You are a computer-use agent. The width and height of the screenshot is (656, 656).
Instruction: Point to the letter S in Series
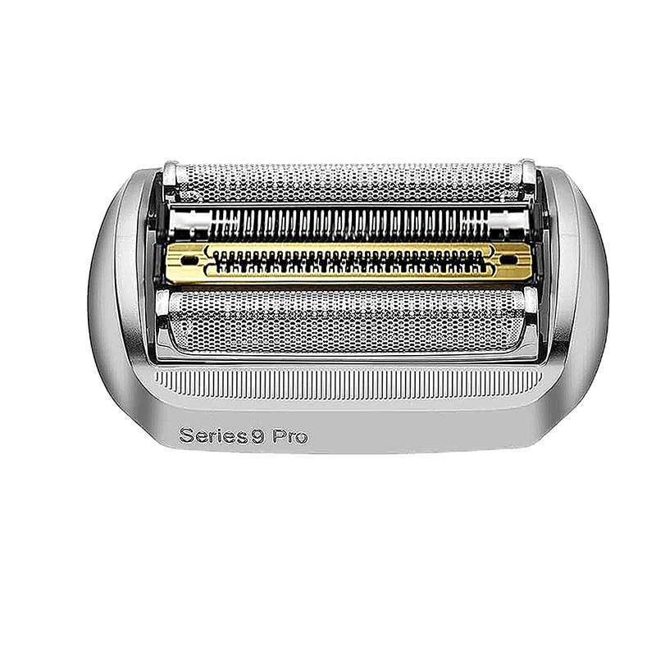[x=184, y=435]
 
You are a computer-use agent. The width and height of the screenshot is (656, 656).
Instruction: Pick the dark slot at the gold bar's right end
[x=503, y=260]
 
